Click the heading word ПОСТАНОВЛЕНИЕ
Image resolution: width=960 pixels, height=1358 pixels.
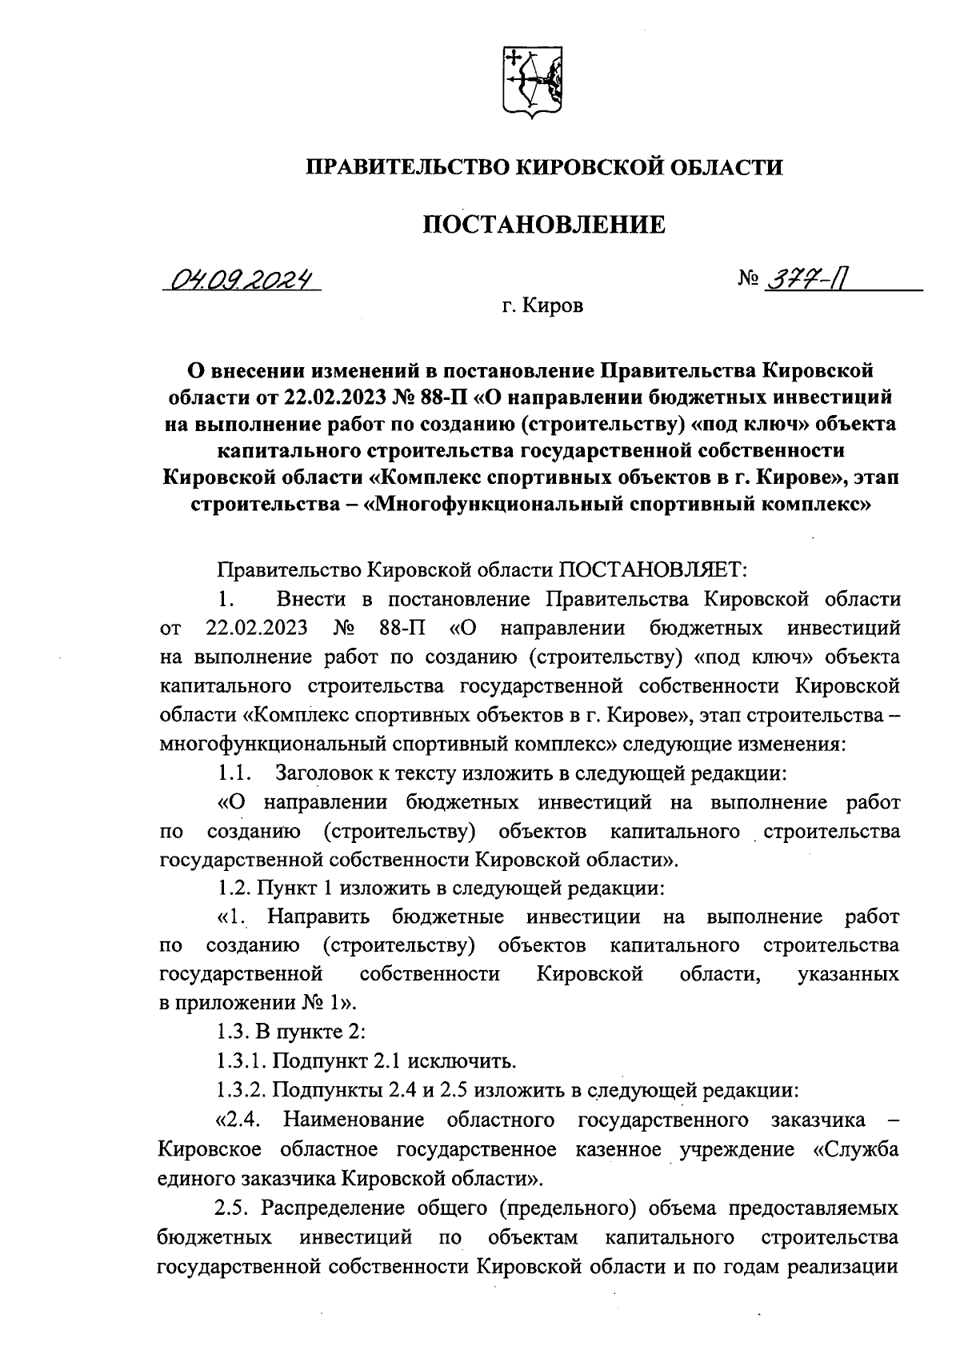[x=544, y=225]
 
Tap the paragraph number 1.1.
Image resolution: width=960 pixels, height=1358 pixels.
[x=234, y=773]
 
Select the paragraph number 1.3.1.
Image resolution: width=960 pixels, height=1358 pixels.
[x=241, y=1061]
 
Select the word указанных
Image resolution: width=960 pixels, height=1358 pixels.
[x=848, y=973]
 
